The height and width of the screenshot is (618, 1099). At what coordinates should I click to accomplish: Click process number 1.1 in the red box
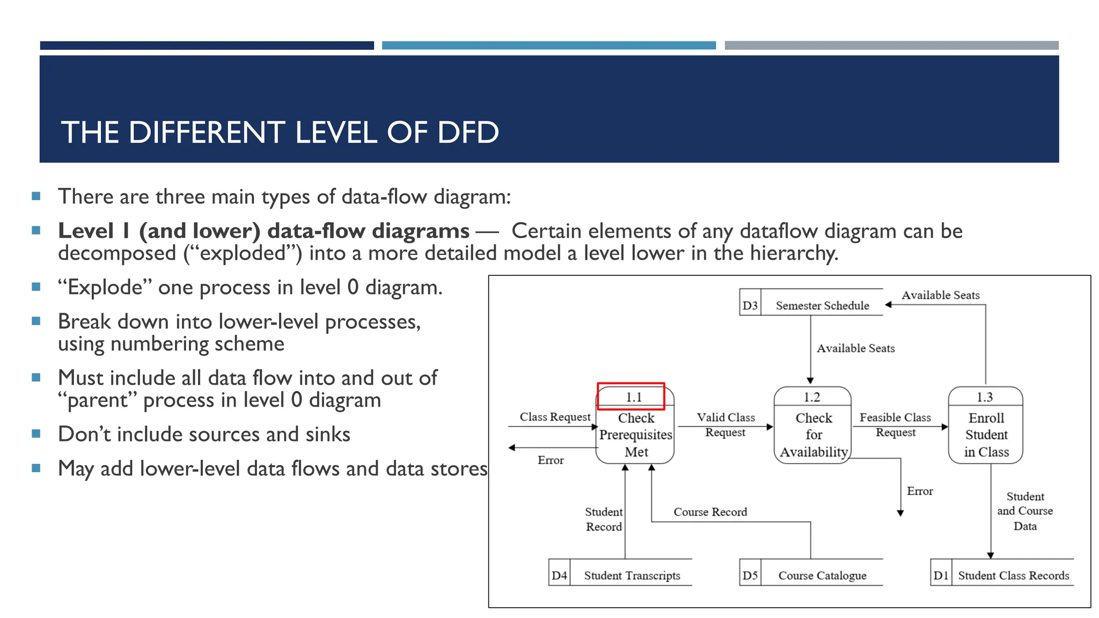click(633, 397)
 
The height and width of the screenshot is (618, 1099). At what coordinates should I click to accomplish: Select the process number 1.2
click(811, 397)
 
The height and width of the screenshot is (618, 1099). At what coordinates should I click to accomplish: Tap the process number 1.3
click(984, 397)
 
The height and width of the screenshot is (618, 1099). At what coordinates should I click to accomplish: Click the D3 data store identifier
click(750, 306)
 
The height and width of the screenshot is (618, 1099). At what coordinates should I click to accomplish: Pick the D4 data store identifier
click(559, 576)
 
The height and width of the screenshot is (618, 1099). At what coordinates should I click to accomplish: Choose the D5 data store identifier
click(750, 576)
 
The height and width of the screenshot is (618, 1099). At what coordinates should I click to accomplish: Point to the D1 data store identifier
click(941, 576)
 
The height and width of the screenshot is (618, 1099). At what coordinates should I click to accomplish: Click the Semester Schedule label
click(822, 306)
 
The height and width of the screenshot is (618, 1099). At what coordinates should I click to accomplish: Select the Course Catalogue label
click(822, 576)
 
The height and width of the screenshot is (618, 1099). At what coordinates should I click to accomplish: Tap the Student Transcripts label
click(632, 576)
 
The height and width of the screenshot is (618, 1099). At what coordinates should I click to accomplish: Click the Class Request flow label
click(555, 417)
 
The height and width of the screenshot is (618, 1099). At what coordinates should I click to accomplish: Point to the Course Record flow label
click(710, 512)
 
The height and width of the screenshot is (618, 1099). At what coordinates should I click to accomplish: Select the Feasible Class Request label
click(895, 424)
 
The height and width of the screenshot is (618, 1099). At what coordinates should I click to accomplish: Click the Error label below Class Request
click(551, 460)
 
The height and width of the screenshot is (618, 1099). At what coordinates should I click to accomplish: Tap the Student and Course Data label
click(1025, 511)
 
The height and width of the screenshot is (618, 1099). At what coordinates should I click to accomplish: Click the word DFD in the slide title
click(468, 133)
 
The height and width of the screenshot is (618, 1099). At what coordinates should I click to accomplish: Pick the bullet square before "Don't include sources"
click(36, 433)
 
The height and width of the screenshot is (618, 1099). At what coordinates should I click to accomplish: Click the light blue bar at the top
click(548, 46)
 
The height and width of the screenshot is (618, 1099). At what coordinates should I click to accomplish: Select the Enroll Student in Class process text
click(986, 435)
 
